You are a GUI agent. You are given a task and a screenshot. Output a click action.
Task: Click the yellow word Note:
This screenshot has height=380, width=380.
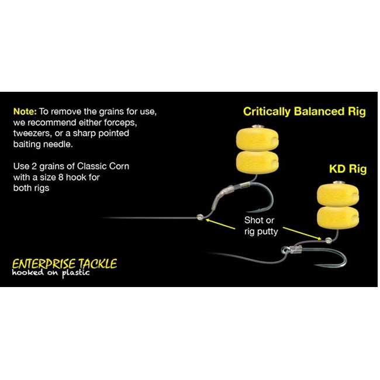click(25, 112)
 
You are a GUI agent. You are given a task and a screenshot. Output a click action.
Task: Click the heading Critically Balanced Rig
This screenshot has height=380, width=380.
click(304, 112)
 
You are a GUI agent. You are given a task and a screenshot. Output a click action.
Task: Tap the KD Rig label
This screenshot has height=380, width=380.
click(348, 169)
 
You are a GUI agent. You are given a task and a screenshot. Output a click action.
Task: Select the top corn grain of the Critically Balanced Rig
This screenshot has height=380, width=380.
click(257, 139)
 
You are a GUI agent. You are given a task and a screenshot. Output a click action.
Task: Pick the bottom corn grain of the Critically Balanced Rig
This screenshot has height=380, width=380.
click(257, 162)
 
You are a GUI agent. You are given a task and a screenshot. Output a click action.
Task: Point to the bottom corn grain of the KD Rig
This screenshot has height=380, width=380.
click(338, 217)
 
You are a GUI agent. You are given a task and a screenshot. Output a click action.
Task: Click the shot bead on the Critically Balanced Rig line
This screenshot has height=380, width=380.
click(200, 217)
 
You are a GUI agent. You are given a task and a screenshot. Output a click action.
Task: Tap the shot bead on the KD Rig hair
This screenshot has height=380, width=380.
click(329, 241)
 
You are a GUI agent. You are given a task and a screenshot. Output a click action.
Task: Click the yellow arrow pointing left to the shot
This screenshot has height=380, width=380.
click(220, 224)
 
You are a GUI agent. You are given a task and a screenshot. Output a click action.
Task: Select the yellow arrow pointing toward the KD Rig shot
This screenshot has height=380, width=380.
click(302, 233)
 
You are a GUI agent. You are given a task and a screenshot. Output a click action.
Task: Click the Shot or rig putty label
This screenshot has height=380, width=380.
click(261, 226)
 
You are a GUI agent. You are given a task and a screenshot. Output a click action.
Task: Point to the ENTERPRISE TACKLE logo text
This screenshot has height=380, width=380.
click(64, 264)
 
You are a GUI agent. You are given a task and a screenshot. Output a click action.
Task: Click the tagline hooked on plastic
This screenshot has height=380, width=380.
click(51, 273)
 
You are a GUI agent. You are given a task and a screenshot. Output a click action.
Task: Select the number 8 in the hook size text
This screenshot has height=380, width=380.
click(61, 177)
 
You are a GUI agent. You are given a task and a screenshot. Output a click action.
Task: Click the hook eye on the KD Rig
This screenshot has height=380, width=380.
click(285, 250)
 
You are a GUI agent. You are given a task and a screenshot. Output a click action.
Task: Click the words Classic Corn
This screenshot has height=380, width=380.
click(103, 166)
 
